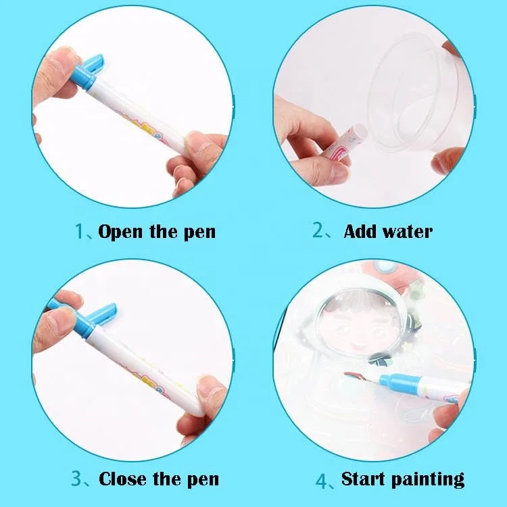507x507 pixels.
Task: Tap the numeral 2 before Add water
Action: coord(318,230)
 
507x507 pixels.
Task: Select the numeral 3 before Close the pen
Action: coord(76,478)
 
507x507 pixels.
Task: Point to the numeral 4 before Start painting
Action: coord(322,481)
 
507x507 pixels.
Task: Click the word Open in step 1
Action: coord(120,232)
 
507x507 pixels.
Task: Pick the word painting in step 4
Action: coord(428,480)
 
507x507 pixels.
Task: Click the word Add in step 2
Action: coord(360,231)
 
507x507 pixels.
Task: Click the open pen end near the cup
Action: coord(360,132)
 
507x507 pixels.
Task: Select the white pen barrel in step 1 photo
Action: coord(136,116)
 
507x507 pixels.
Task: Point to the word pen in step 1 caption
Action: coord(199,233)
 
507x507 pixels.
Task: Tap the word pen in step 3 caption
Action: coord(203,480)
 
